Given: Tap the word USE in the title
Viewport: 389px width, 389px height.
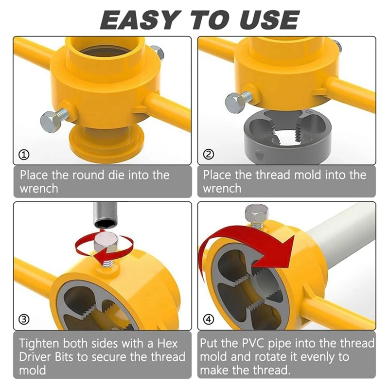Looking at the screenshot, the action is click(x=270, y=20).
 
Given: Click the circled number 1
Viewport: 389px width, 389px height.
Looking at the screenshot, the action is click(x=24, y=155).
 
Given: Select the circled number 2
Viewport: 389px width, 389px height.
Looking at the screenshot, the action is click(x=209, y=154).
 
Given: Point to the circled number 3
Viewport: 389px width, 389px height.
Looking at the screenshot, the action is click(x=24, y=319).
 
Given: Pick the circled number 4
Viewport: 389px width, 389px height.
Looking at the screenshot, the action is click(x=209, y=319).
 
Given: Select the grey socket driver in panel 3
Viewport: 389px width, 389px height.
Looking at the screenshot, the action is click(x=105, y=215).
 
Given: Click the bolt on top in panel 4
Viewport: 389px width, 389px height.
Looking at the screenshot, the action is click(x=257, y=215).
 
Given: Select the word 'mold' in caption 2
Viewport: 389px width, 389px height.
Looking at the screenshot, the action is click(x=308, y=175).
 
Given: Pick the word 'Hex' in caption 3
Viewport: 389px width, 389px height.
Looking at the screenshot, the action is click(x=167, y=344).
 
